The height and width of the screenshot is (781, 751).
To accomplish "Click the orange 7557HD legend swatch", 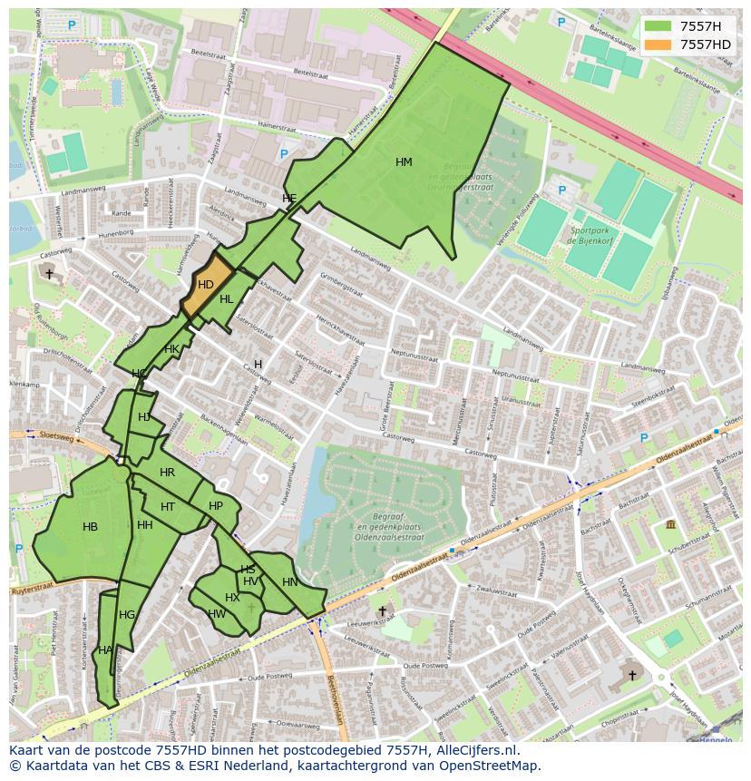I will tap(658, 44).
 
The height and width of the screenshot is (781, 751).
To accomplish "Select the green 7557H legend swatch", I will tap(658, 26).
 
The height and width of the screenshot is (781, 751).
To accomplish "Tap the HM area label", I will tap(404, 162).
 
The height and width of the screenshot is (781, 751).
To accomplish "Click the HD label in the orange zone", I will tap(206, 285).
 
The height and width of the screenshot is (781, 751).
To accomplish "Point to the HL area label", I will tap(227, 299).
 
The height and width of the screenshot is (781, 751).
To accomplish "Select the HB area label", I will tap(90, 527).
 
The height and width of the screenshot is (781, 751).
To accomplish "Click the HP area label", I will tap(216, 506).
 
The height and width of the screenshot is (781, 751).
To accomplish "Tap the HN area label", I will tap(289, 582).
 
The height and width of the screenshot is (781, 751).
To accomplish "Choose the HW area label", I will tap(217, 614).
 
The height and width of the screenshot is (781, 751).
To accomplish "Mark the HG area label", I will tap(127, 615).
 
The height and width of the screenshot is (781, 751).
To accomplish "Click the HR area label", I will tap(167, 473).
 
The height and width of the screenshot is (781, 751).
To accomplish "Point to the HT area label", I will tap(168, 507).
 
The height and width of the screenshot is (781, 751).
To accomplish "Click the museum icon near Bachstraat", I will tap(670, 525).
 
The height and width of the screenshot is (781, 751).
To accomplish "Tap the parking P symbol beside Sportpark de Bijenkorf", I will tap(561, 190).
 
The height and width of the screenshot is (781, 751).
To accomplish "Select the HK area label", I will tap(171, 349).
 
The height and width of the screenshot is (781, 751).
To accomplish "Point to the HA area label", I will tap(105, 650).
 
